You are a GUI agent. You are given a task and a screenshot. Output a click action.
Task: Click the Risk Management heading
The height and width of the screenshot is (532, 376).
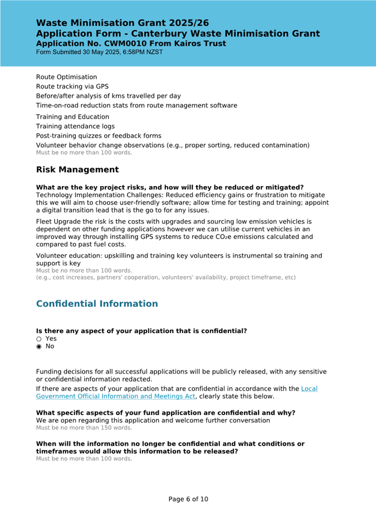tap(77, 169)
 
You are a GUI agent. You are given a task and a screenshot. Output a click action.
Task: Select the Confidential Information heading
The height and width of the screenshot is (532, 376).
tap(97, 304)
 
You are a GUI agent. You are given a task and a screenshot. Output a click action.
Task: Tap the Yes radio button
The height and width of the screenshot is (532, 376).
tap(39, 339)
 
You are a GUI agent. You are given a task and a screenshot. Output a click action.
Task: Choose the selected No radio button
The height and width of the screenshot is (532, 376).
tap(39, 346)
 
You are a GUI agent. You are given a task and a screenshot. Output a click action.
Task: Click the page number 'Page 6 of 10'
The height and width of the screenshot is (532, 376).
tap(188, 499)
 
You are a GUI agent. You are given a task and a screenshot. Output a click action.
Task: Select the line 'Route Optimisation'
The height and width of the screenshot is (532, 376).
tap(66, 77)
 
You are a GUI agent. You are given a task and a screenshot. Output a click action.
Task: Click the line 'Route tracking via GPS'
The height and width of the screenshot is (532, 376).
tap(72, 86)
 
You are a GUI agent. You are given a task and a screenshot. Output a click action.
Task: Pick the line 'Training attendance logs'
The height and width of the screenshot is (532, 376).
tap(75, 126)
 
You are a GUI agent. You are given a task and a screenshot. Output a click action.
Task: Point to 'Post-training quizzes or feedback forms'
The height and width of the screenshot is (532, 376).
tap(99, 136)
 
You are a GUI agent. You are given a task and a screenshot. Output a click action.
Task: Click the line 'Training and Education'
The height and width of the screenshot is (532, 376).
tap(72, 117)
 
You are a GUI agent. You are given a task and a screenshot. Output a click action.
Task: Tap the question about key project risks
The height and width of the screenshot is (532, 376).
tap(170, 187)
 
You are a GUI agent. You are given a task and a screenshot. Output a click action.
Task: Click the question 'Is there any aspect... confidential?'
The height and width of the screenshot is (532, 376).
tap(141, 331)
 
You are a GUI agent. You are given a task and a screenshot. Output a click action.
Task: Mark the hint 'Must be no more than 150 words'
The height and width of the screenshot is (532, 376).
tap(84, 428)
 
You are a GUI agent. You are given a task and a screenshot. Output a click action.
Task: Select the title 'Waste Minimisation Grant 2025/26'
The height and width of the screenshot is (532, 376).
tap(123, 23)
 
